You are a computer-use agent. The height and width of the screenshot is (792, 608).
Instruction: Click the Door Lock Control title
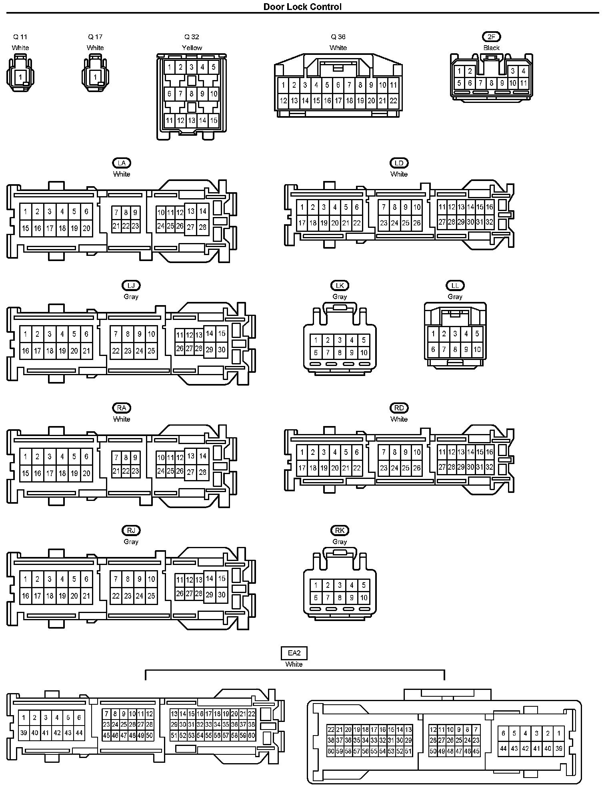302,6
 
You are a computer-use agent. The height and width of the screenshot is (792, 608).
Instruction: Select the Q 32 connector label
192,37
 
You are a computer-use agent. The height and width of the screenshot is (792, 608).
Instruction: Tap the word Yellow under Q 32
192,48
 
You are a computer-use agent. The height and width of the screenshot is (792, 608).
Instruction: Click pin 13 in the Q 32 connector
192,120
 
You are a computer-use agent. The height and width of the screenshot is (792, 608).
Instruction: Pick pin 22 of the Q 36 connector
393,101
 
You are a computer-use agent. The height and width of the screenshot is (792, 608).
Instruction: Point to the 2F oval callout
491,37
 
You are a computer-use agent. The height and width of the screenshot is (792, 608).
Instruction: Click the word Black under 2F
491,48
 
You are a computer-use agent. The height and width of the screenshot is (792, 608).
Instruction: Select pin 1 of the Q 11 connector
20,76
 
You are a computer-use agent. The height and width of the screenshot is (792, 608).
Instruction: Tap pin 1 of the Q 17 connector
95,76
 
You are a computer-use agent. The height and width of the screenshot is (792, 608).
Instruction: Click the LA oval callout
122,163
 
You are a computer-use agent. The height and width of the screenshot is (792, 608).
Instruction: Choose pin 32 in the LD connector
489,222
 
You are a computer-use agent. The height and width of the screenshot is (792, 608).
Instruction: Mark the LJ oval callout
131,285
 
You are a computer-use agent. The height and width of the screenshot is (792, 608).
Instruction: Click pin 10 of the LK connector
364,353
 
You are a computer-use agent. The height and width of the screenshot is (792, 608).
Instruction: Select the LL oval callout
455,285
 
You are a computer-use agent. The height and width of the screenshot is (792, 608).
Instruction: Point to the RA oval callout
122,408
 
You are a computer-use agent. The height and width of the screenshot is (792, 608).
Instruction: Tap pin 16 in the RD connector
489,452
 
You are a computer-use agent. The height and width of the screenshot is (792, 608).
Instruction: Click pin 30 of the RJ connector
222,595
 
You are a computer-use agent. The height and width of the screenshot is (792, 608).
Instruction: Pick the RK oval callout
340,531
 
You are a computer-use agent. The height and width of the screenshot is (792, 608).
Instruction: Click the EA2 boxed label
294,653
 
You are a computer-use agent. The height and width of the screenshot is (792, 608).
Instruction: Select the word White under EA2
294,664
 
